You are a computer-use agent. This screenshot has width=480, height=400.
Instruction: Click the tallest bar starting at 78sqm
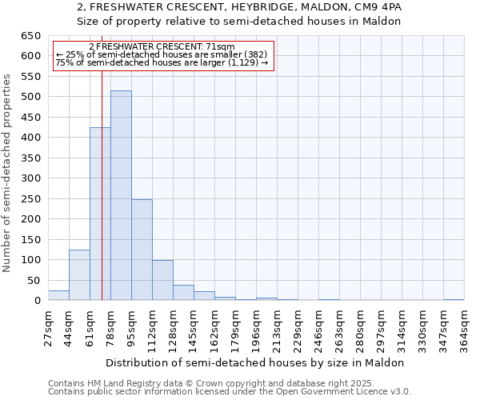pyautogui.click(x=121, y=196)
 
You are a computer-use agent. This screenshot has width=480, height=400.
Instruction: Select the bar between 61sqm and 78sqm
pyautogui.click(x=100, y=214)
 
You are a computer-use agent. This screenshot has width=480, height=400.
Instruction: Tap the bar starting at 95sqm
pyautogui.click(x=142, y=250)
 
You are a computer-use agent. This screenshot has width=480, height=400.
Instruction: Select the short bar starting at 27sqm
pyautogui.click(x=58, y=295)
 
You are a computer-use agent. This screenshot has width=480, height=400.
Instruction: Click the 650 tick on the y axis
pyautogui.click(x=30, y=36)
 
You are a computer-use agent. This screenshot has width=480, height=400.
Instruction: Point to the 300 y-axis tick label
pyautogui.click(x=30, y=178)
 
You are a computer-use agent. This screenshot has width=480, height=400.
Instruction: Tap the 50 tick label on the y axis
pyautogui.click(x=34, y=281)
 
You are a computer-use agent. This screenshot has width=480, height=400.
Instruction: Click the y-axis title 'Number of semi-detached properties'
pyautogui.click(x=8, y=173)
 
